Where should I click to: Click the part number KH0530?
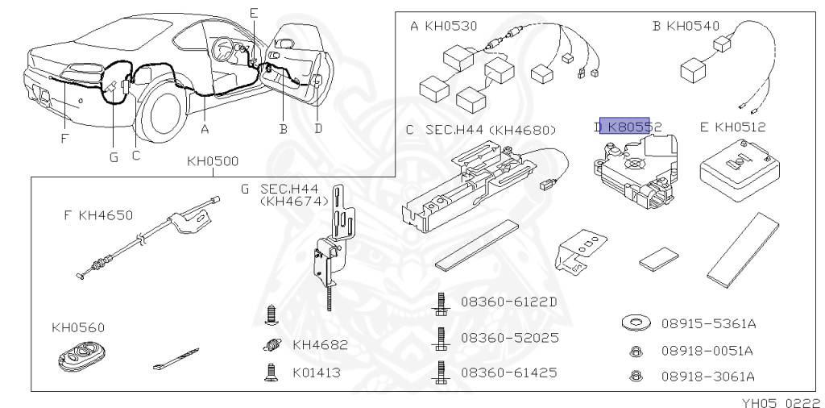[x=450, y=26]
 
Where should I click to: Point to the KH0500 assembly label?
[x=213, y=161]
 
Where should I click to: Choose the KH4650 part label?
[x=105, y=215]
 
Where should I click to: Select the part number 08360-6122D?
[x=508, y=302]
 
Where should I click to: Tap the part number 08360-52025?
[x=509, y=337]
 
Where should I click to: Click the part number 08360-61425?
[x=508, y=373]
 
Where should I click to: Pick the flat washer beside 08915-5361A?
[x=637, y=323]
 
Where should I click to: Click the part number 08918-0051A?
[x=707, y=351]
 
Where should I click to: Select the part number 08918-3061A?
[x=707, y=376]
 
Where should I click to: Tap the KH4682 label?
[x=320, y=345]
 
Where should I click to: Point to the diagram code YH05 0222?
[x=781, y=401]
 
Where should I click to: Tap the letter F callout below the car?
[x=64, y=138]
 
